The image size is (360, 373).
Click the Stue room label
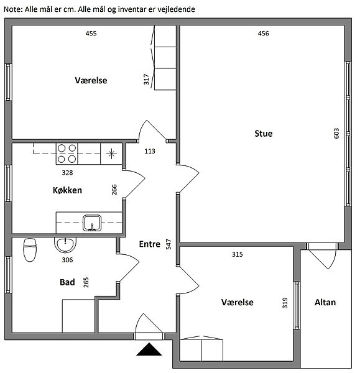pyautogui.click(x=264, y=134)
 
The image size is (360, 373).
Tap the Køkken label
pyautogui.click(x=67, y=190)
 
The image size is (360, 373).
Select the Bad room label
pyautogui.click(x=67, y=282)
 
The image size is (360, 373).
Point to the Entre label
pyautogui.click(x=150, y=244)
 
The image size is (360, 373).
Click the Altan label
pyautogui.click(x=325, y=302)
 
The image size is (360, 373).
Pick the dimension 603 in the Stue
pyautogui.click(x=336, y=134)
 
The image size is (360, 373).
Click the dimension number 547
pyautogui.click(x=168, y=244)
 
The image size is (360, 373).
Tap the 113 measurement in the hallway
pyautogui.click(x=150, y=151)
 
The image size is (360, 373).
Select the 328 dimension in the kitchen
pyautogui.click(x=67, y=172)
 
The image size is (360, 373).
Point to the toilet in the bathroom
pyautogui.click(x=30, y=250)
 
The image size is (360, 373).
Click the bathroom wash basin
pyautogui.click(x=65, y=245)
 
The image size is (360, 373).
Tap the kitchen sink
pyautogui.click(x=92, y=223)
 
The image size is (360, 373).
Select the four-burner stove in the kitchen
pyautogui.click(x=67, y=154)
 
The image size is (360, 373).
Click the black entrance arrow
pyautogui.click(x=149, y=349)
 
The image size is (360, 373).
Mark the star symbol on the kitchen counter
pyautogui.click(x=111, y=154)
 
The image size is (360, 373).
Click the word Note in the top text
pyautogui.click(x=12, y=9)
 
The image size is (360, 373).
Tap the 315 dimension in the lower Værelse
pyautogui.click(x=238, y=254)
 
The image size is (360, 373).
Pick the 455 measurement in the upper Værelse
pyautogui.click(x=91, y=34)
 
